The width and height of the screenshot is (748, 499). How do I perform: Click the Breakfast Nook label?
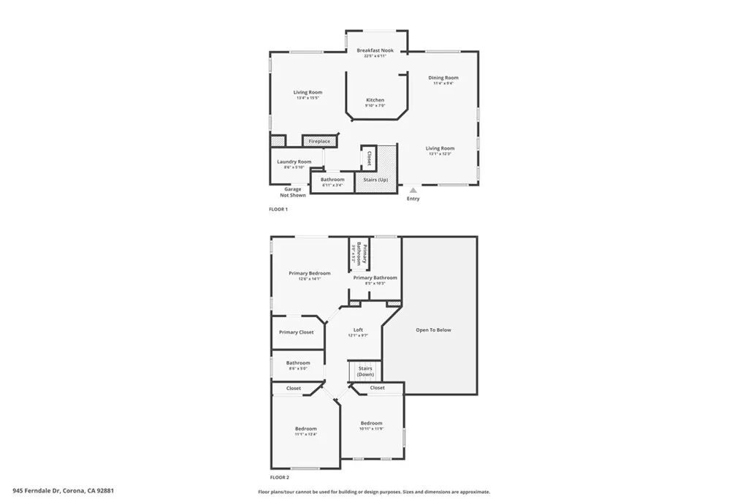pos(375,50)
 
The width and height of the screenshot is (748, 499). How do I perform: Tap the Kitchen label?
pos(375,100)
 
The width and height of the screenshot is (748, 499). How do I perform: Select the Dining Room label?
pos(443,77)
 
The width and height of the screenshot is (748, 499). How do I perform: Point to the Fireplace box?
pos(319,141)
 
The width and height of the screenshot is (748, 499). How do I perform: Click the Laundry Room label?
pos(294,161)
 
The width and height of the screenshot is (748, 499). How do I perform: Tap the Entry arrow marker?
pos(413,190)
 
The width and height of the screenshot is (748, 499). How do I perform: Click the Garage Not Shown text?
pos(292,192)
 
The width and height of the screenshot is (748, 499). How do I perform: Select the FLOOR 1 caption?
pos(278,210)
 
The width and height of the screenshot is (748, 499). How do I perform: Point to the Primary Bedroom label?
pos(309,273)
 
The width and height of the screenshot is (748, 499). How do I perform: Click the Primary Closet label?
pos(296,332)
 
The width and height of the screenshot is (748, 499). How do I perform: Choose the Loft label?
pos(358,330)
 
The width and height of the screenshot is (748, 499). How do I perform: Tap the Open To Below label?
pos(433,330)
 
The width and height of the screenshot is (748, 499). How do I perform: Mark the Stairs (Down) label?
pos(365,371)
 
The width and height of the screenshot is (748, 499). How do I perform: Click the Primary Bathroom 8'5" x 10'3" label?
pos(375,278)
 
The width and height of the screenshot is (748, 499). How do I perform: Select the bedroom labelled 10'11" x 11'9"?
pos(371,423)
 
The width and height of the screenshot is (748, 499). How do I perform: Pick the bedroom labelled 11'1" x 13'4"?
pos(305,429)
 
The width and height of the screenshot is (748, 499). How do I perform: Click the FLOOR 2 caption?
pos(279,476)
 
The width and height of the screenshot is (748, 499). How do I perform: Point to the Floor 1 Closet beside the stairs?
pos(369,159)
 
